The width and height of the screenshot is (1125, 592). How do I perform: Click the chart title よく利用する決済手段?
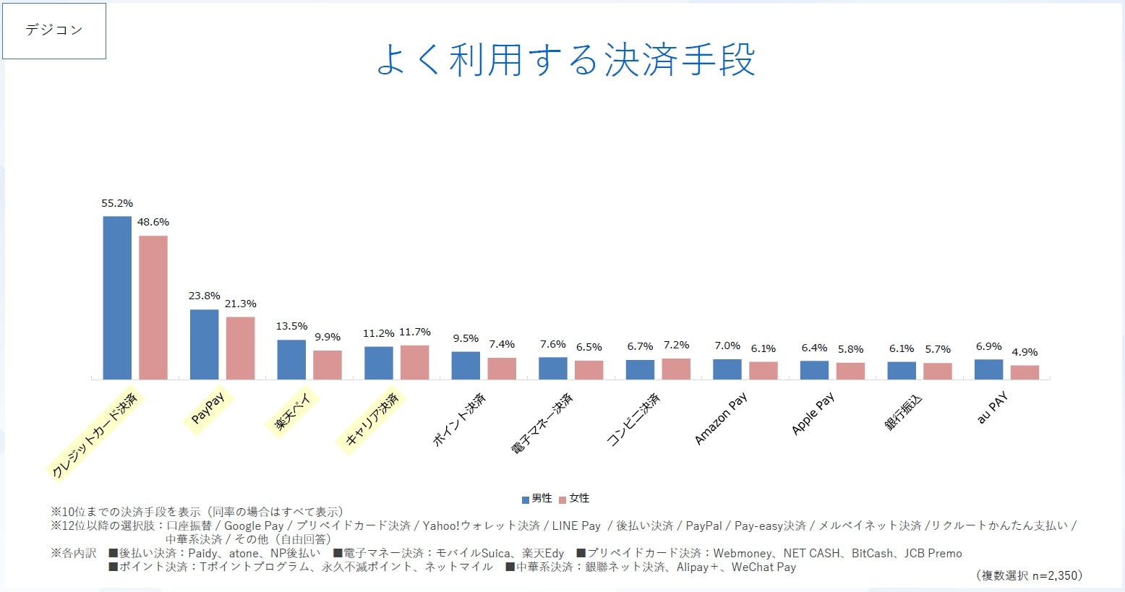point(565,60)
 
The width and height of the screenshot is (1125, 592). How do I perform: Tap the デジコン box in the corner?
point(54,31)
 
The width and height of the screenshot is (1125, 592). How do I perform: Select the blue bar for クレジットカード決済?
point(117,298)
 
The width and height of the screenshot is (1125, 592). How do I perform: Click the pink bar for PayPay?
point(240,348)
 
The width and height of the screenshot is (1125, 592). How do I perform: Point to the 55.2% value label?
point(117,203)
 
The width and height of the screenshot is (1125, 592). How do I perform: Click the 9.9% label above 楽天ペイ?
point(328,337)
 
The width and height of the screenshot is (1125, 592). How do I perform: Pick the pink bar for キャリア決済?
point(414,362)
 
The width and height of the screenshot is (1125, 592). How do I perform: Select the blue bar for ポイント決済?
point(466,366)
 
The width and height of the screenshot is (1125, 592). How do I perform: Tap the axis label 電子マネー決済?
point(542,424)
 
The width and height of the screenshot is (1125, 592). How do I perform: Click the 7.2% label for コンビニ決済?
point(676,345)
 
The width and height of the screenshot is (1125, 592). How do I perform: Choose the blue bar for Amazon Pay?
point(727,369)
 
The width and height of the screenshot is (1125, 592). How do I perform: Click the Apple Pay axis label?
point(813,413)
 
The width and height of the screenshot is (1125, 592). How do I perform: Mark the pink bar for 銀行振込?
point(938,371)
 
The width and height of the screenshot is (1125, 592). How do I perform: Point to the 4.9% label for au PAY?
point(1025,352)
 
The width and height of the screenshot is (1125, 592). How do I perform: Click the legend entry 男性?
point(537,498)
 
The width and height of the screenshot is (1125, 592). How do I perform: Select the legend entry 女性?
point(575,498)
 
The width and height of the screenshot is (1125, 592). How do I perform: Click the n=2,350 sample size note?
point(1029,575)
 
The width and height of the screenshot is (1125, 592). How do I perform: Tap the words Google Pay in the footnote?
point(254,525)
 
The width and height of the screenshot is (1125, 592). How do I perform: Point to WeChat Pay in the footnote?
point(763,567)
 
